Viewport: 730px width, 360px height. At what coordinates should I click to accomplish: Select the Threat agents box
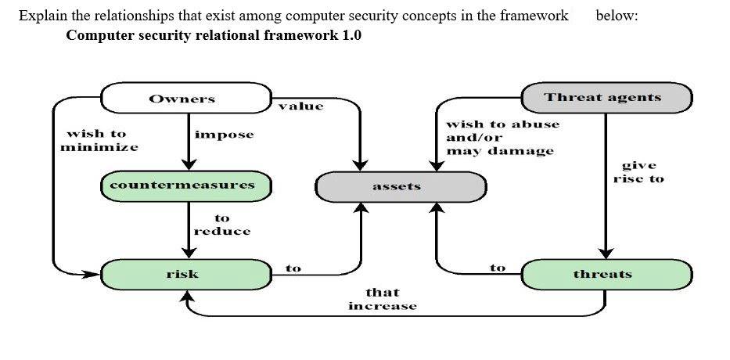[606, 98]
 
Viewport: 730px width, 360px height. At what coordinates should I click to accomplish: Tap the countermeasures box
[186, 185]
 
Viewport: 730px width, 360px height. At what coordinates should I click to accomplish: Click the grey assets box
[400, 186]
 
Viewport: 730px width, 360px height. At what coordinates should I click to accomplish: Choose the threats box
[606, 274]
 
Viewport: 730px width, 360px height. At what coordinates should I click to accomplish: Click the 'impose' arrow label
[224, 135]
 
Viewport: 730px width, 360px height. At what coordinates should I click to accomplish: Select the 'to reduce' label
[222, 225]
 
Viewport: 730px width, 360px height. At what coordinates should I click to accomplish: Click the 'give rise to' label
[638, 172]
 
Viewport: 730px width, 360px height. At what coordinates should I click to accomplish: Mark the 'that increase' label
[382, 299]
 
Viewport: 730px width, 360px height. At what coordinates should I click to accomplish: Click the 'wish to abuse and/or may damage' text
[502, 137]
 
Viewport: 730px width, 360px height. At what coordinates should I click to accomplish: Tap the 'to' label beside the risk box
[293, 268]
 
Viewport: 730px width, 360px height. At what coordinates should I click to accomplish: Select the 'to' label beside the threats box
[498, 268]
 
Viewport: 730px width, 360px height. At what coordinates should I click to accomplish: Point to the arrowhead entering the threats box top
[606, 253]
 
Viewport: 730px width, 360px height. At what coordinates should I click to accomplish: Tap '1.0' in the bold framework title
[349, 35]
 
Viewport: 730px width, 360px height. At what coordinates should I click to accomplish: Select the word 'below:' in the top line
[617, 16]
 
